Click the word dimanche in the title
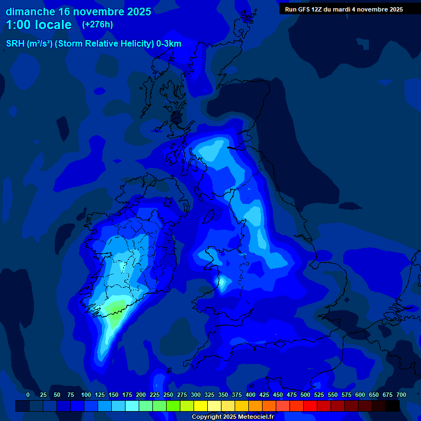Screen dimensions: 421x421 tap(30, 11)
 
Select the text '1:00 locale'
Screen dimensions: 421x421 tap(38, 25)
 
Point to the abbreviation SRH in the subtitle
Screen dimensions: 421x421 tap(15, 44)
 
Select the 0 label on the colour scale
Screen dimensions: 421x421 tap(28, 395)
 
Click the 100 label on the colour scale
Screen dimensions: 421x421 tap(86, 395)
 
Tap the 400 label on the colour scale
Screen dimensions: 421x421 tap(251, 395)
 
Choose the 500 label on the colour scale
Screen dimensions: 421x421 tap(305, 395)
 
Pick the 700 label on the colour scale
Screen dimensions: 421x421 tap(401, 395)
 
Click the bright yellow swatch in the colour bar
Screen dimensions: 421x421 tap(201, 406)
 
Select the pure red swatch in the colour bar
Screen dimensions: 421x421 tap(310, 406)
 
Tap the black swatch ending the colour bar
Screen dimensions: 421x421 tap(392, 406)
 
